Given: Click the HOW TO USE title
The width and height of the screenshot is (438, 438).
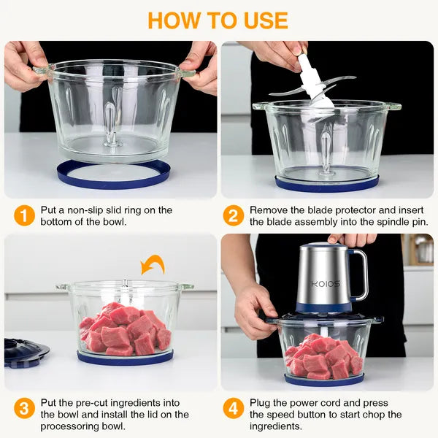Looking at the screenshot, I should click(x=218, y=20).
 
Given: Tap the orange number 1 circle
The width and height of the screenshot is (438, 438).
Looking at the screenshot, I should click(x=24, y=216).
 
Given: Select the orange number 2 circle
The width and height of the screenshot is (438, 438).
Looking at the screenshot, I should click(x=234, y=216).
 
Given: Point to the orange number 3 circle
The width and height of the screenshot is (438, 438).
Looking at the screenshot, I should click(x=24, y=408).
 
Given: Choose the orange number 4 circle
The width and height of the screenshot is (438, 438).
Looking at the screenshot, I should click(x=234, y=408).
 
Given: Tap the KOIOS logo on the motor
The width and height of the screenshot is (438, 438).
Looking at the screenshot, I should click(x=323, y=284).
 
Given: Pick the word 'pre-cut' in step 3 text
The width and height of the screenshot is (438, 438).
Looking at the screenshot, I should click(x=99, y=403).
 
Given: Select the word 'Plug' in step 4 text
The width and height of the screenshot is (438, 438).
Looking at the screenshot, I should click(x=262, y=403).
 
